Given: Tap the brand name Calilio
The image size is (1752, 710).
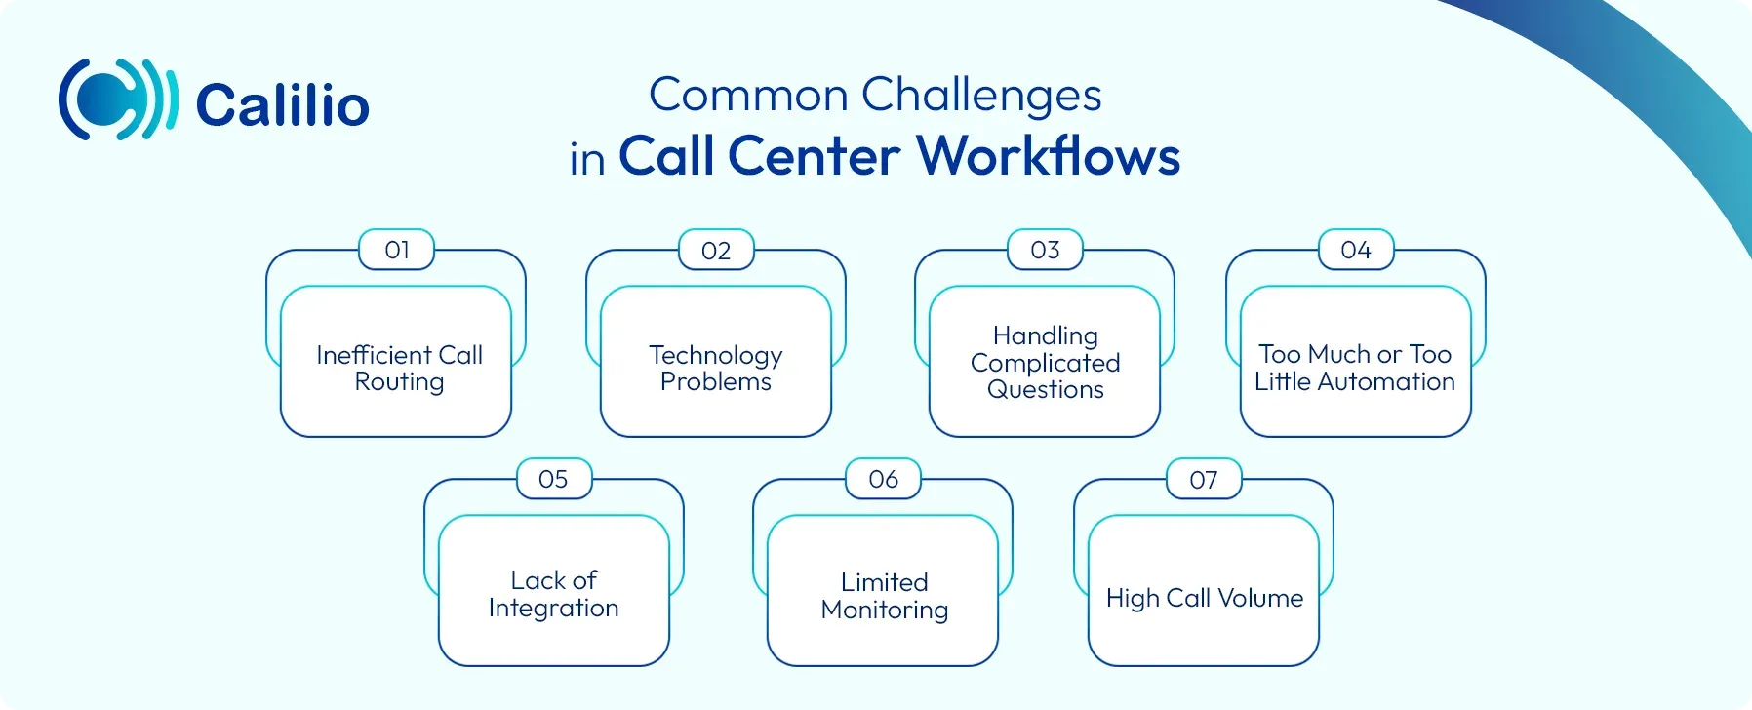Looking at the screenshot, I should pyautogui.click(x=283, y=105).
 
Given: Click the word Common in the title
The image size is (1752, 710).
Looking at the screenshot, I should pyautogui.click(x=748, y=96).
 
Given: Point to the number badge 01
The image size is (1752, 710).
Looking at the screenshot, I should pyautogui.click(x=397, y=250).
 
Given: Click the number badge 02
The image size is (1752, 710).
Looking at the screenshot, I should pyautogui.click(x=716, y=251).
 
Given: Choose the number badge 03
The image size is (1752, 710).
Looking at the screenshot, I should pyautogui.click(x=1045, y=250).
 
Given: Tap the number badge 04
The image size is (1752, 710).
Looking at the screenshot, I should pyautogui.click(x=1356, y=250).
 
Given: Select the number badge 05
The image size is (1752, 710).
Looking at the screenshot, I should pyautogui.click(x=553, y=479).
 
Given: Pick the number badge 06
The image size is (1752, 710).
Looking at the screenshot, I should pyautogui.click(x=883, y=479).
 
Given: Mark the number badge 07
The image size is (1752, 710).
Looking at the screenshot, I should pyautogui.click(x=1204, y=480).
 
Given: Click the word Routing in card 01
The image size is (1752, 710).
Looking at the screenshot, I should pyautogui.click(x=399, y=382).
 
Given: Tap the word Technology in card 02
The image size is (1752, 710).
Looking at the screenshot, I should pyautogui.click(x=716, y=355).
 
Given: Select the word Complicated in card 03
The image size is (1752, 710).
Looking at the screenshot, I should pyautogui.click(x=1045, y=363).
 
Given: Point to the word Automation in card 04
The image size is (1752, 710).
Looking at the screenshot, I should pyautogui.click(x=1385, y=381).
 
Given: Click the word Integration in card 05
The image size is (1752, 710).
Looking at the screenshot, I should pyautogui.click(x=553, y=609).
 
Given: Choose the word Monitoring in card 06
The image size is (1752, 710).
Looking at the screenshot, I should pyautogui.click(x=885, y=611).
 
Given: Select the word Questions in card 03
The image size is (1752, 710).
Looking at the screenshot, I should pyautogui.click(x=1045, y=390).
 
